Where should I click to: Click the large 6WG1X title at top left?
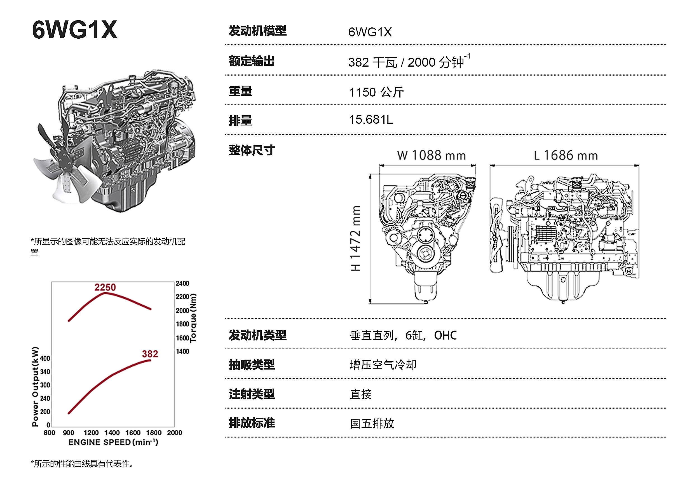click(x=74, y=30)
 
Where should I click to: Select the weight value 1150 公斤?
click(x=376, y=92)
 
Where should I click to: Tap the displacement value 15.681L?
click(x=371, y=120)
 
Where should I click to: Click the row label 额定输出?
click(x=252, y=61)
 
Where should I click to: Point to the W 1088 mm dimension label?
click(x=431, y=155)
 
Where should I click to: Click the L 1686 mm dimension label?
click(x=566, y=155)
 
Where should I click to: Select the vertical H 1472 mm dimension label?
click(x=355, y=238)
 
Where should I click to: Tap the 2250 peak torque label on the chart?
click(x=105, y=287)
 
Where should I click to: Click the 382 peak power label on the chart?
click(x=150, y=354)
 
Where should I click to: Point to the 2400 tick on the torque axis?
click(x=182, y=283)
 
